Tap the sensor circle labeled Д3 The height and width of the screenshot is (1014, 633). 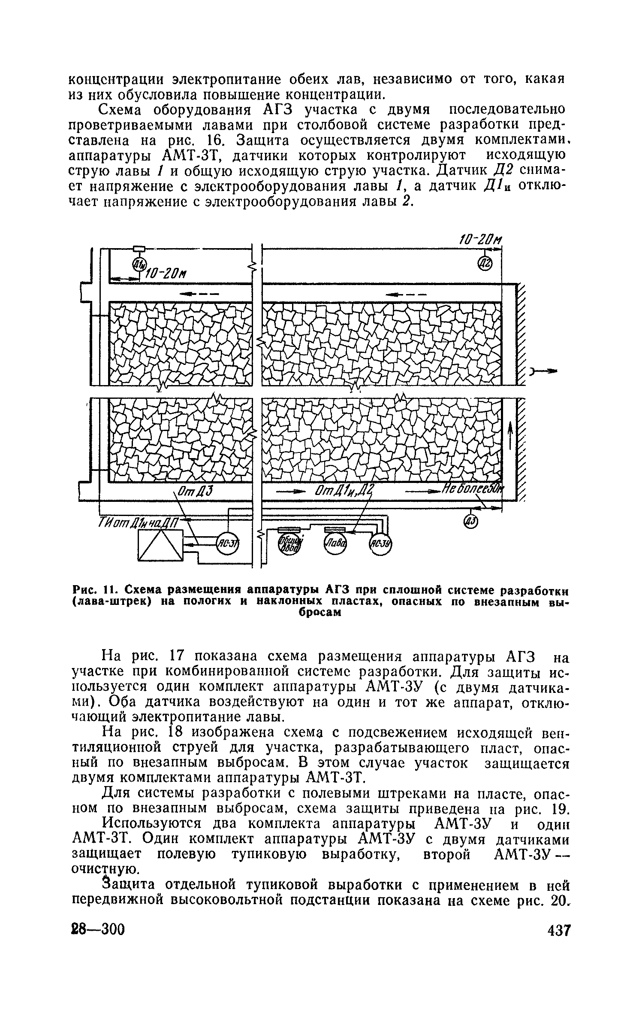click(470, 521)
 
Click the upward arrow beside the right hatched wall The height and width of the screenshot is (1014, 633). click(510, 434)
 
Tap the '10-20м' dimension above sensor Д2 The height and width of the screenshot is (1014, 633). click(480, 240)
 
